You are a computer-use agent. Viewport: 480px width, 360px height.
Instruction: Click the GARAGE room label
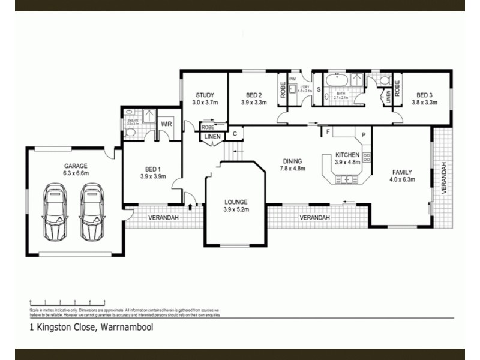tap(76, 166)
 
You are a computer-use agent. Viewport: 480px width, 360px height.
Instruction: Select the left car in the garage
tap(55, 211)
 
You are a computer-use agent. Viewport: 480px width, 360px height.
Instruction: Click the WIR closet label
tap(166, 124)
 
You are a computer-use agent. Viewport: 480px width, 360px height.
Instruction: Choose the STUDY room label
tap(203, 95)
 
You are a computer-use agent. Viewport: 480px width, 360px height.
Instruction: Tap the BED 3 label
tap(424, 95)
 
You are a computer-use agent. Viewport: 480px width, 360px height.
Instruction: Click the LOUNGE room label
tap(236, 202)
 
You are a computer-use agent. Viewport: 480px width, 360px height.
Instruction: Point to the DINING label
tap(292, 161)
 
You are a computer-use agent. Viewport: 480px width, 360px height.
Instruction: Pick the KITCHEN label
tap(347, 155)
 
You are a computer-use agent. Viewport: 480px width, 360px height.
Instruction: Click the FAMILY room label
tap(401, 172)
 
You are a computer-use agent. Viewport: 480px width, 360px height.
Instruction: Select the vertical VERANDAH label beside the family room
tap(445, 178)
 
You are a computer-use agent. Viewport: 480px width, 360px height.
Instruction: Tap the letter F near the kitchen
tap(328, 131)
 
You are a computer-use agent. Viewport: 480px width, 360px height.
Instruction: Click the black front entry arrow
tap(191, 207)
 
